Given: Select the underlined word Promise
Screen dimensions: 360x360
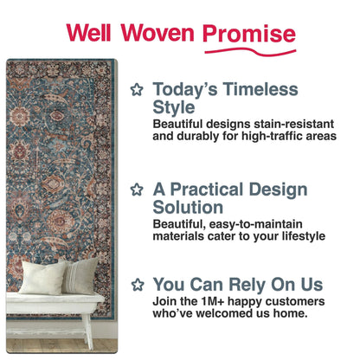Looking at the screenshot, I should [x=249, y=34].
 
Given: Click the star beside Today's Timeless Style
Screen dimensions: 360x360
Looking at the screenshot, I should [x=136, y=88].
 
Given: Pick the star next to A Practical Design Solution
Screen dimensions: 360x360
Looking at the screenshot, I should [x=136, y=189].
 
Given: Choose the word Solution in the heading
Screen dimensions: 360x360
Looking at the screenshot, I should [x=188, y=208].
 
